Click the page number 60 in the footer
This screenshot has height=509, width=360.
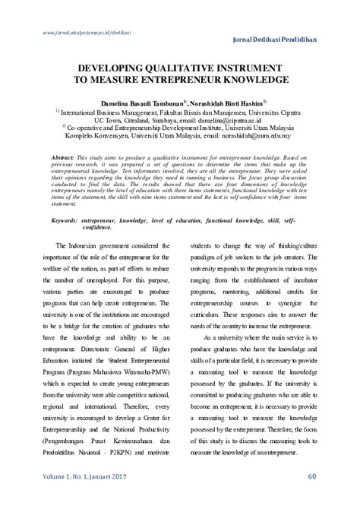click(x=312, y=498)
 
